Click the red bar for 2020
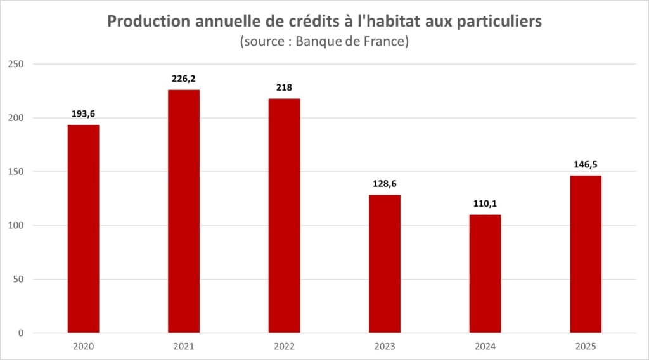tap(83, 228)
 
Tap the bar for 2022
tap(284, 215)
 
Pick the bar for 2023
tap(385, 264)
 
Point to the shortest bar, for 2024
tap(485, 273)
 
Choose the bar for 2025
tap(586, 254)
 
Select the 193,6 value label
tap(83, 114)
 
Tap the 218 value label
tap(284, 87)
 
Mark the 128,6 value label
tap(385, 184)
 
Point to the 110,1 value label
tap(485, 204)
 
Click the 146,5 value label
tap(586, 165)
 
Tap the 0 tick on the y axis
tap(21, 333)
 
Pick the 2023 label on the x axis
tap(385, 347)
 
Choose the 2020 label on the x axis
tap(83, 347)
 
